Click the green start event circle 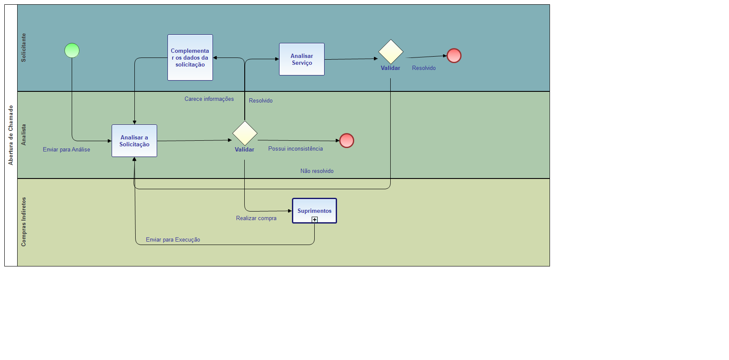[x=72, y=51]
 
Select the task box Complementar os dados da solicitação [x=190, y=57]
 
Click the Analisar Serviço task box [x=302, y=59]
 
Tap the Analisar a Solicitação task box [x=134, y=141]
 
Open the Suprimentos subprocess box [x=314, y=209]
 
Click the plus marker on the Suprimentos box [x=315, y=220]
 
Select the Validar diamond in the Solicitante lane [x=391, y=52]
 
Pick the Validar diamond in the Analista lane [x=245, y=133]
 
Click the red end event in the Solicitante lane [x=454, y=56]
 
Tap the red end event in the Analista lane [x=346, y=141]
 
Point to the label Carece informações [x=209, y=99]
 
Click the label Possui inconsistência [x=295, y=149]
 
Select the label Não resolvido [x=317, y=171]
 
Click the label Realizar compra [x=256, y=218]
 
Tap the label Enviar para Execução [x=173, y=240]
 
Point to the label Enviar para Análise [x=67, y=150]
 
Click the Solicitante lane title [x=24, y=48]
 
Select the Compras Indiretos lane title [x=24, y=222]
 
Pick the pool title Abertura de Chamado [x=11, y=135]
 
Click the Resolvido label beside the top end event [x=424, y=68]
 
